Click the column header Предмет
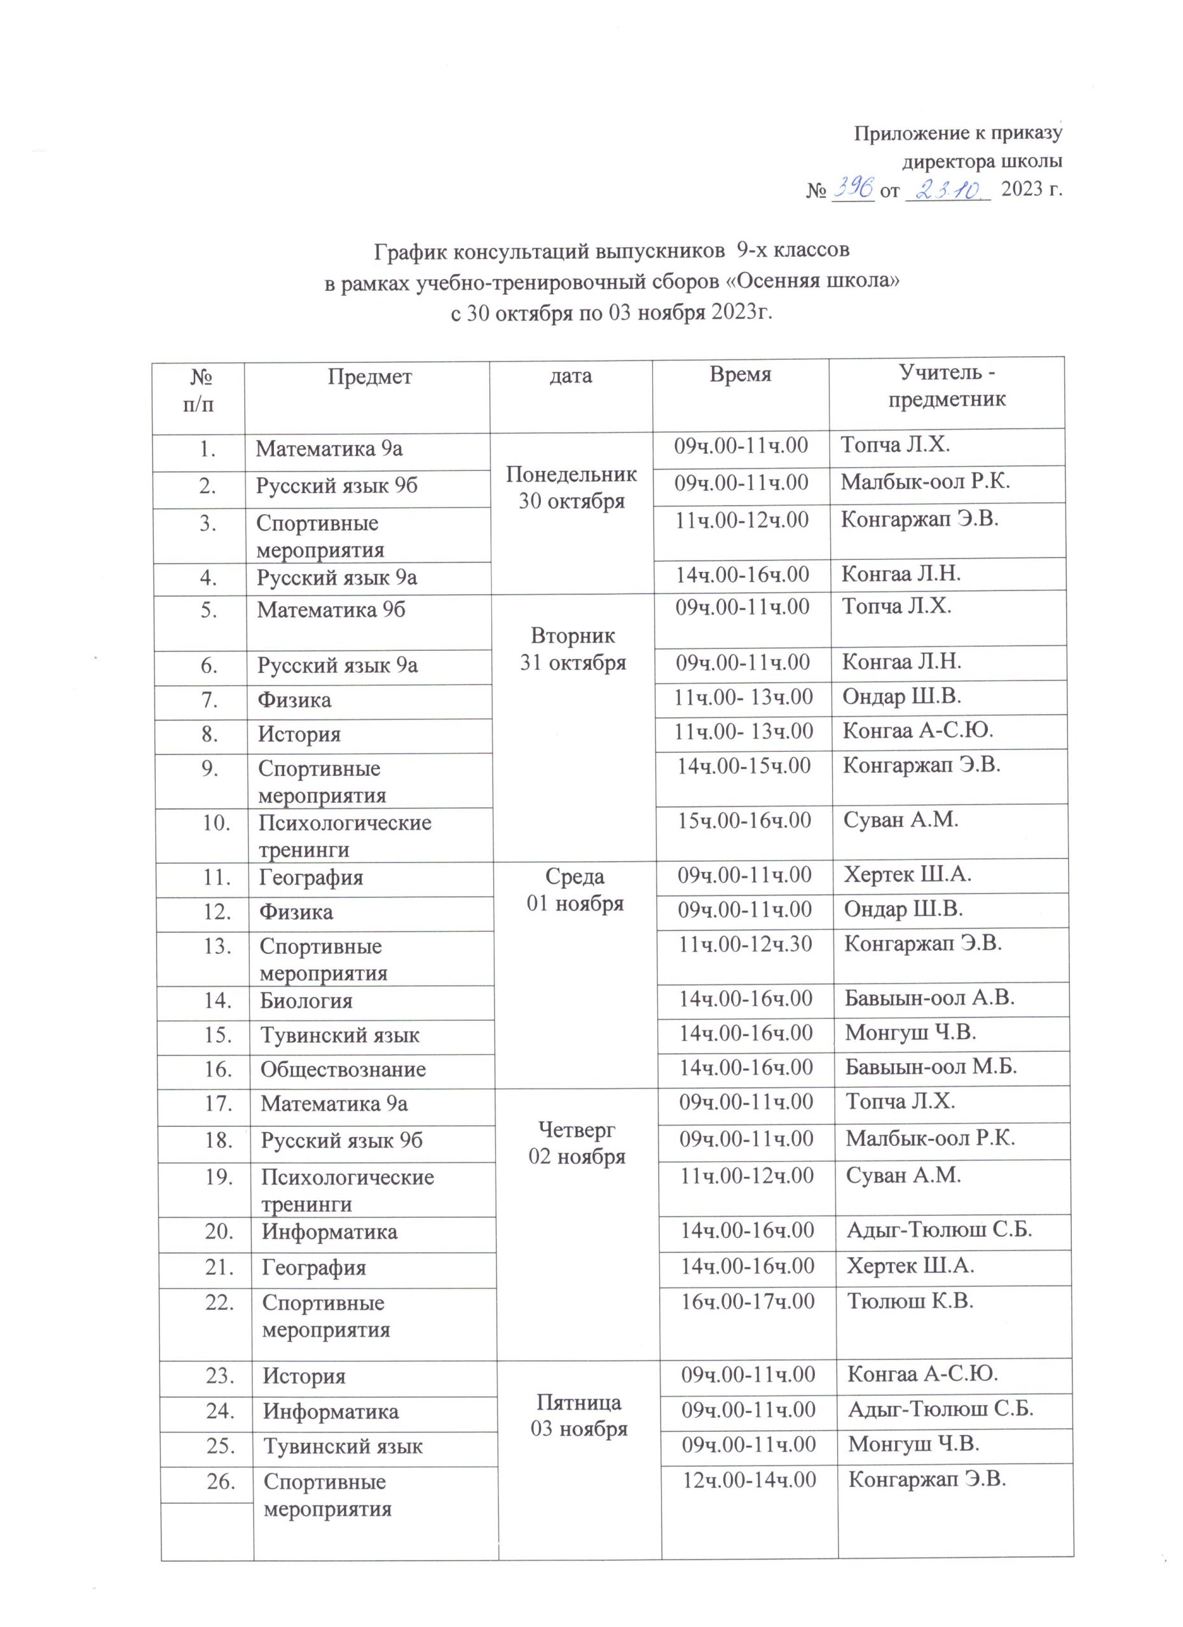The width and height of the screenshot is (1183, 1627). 369,377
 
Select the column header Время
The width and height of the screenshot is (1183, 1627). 740,374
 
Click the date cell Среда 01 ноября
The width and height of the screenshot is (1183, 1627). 575,890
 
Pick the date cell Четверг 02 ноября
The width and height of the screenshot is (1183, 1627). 577,1143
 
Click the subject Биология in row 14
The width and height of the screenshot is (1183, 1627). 306,1001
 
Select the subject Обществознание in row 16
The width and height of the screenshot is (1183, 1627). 343,1070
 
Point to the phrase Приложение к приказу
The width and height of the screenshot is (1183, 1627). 958,133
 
